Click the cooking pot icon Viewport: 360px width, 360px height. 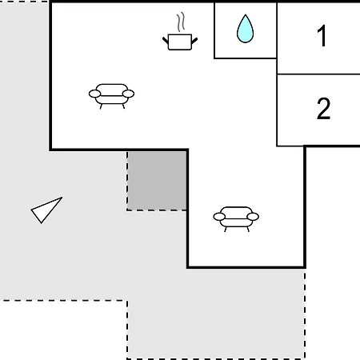(x=180, y=42)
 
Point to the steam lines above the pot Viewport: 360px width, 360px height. (x=181, y=22)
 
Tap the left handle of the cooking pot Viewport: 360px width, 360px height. (x=166, y=41)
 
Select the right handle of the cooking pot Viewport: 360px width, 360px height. (x=194, y=41)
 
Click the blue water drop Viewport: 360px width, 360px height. (x=245, y=29)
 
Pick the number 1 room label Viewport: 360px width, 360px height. (x=322, y=35)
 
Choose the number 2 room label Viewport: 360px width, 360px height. (x=323, y=108)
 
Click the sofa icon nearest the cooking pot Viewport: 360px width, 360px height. (x=111, y=96)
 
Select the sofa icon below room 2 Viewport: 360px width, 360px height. (x=236, y=219)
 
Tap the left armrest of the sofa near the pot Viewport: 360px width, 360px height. (x=94, y=94)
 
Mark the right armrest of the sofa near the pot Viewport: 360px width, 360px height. (x=128, y=94)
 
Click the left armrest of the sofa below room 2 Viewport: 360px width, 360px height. (x=219, y=217)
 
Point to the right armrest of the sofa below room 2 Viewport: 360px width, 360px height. (x=253, y=217)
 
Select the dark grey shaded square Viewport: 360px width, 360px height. (x=157, y=181)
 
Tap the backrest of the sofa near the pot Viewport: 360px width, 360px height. (x=111, y=90)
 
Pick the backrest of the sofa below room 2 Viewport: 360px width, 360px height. (x=236, y=212)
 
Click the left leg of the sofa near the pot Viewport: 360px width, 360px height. (x=101, y=106)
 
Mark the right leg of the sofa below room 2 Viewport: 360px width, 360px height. (x=248, y=230)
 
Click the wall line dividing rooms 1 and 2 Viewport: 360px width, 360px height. (x=318, y=74)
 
